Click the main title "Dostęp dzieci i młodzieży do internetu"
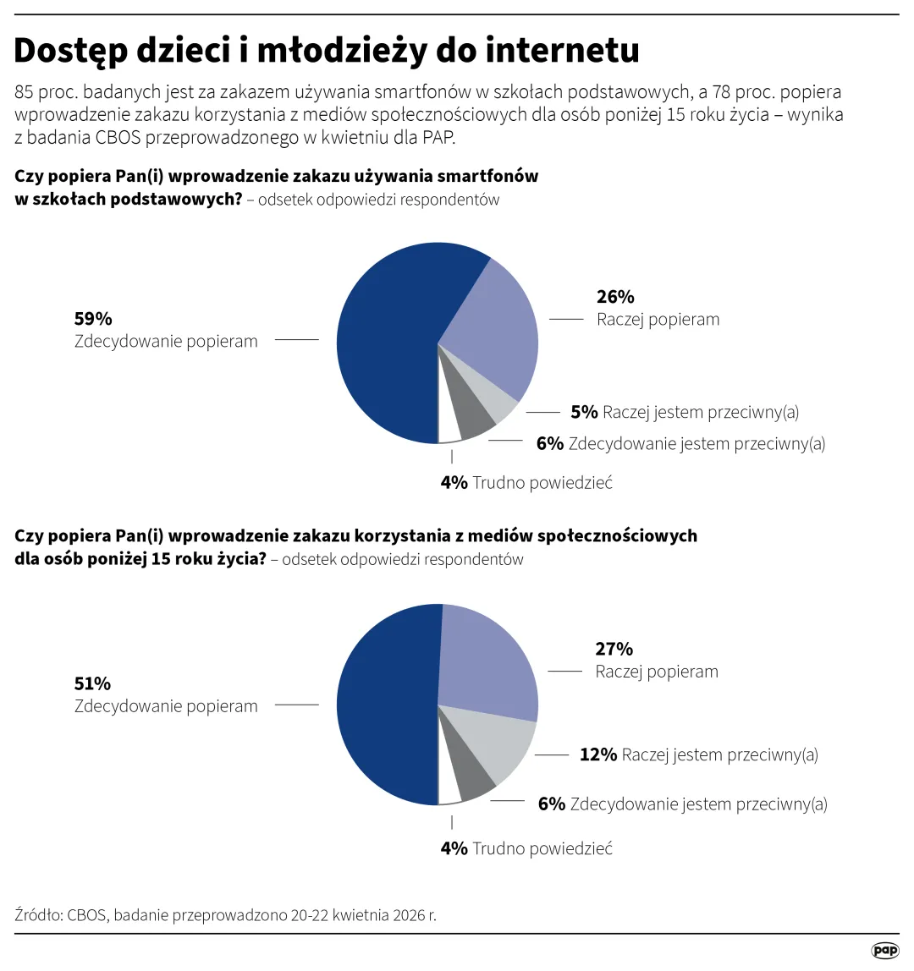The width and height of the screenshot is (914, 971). pyautogui.click(x=327, y=51)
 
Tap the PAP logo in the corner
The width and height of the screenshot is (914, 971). pyautogui.click(x=884, y=951)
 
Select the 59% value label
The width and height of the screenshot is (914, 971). pyautogui.click(x=93, y=318)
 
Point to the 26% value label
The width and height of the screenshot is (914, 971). pyautogui.click(x=615, y=296)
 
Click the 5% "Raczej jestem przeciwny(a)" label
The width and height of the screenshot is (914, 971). pyautogui.click(x=685, y=412)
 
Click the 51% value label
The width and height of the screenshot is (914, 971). pyautogui.click(x=93, y=683)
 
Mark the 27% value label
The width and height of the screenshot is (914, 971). pyautogui.click(x=614, y=649)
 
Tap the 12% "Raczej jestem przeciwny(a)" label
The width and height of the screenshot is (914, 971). pyautogui.click(x=698, y=754)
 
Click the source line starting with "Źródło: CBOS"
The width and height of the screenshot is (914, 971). pyautogui.click(x=226, y=915)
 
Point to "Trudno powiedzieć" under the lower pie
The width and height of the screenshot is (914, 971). pyautogui.click(x=542, y=848)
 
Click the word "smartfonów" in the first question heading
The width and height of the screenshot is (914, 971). pyautogui.click(x=487, y=177)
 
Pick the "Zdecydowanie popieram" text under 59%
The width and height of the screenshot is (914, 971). pyautogui.click(x=166, y=342)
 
